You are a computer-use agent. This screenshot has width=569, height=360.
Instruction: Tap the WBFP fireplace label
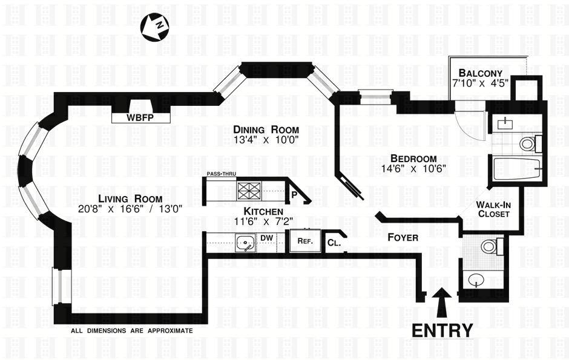[140, 117]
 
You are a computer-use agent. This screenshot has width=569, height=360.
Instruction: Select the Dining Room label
[266, 130]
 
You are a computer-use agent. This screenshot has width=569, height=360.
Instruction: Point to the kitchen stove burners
[249, 191]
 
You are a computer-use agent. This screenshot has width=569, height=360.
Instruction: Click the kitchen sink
[245, 245]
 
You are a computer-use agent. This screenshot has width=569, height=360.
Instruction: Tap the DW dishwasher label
[267, 238]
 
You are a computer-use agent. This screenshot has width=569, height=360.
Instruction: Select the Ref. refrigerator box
[304, 240]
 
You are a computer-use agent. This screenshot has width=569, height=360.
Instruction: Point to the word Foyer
[403, 238]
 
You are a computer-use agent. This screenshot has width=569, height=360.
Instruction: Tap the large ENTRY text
[442, 330]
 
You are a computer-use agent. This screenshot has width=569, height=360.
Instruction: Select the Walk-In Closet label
[493, 209]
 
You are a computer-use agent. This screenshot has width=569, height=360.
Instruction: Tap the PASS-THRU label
[221, 174]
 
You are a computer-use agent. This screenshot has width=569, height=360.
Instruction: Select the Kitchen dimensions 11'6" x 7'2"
[263, 222]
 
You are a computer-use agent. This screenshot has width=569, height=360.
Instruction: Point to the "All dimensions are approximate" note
[131, 331]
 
